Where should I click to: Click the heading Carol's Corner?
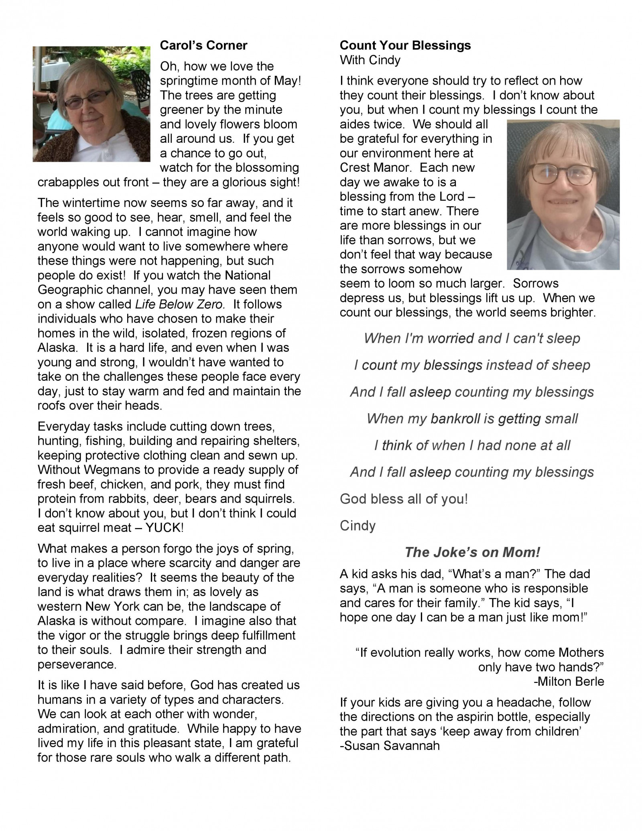(x=203, y=45)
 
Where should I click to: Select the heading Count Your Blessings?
(x=405, y=45)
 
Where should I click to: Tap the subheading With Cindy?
(x=370, y=60)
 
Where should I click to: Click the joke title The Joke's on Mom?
(x=472, y=553)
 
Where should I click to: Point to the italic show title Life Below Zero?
(x=179, y=304)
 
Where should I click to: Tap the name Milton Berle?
(x=571, y=681)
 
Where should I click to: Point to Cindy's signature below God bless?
(x=358, y=526)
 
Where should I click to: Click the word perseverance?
(x=77, y=664)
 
